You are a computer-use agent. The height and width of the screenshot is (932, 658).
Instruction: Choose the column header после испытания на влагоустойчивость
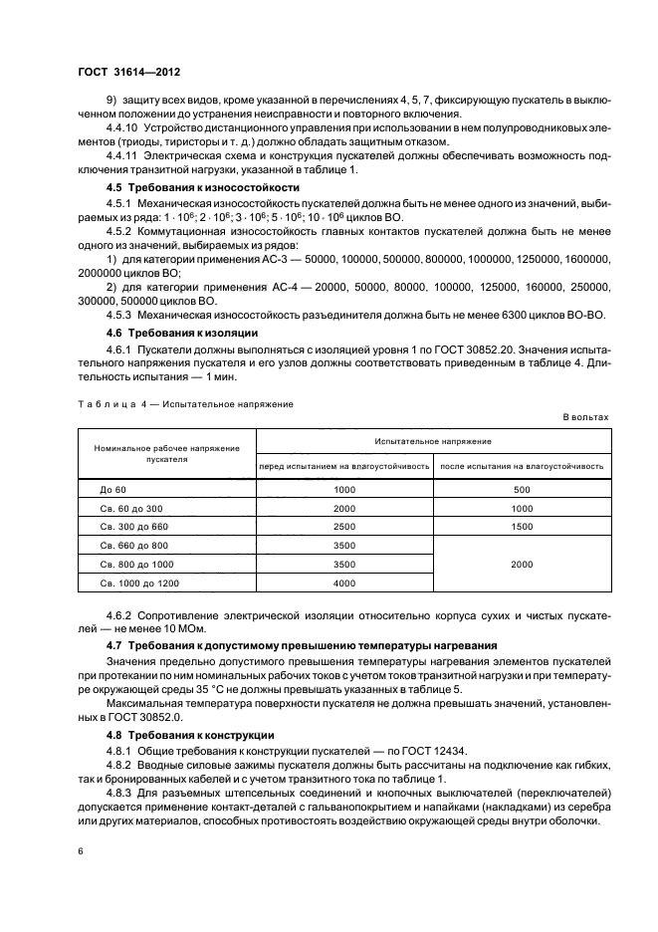(523, 466)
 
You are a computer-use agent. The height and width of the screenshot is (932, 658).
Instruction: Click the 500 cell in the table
(522, 490)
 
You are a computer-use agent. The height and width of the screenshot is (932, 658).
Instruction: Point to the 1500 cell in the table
(522, 527)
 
